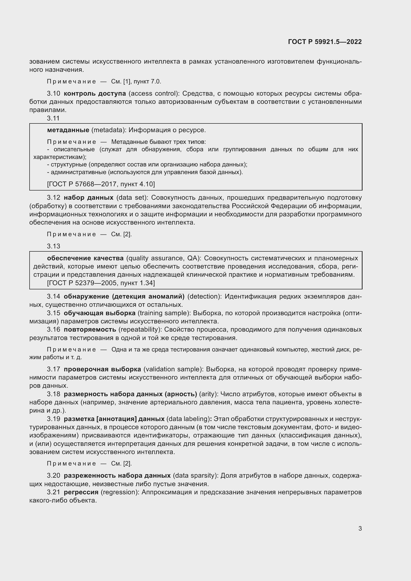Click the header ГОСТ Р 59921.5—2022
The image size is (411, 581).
(x=325, y=42)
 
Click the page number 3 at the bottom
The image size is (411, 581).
(x=360, y=528)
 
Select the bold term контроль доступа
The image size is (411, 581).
(x=95, y=93)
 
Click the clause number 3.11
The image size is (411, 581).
(x=53, y=118)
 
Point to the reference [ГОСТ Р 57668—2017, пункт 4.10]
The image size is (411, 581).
(x=101, y=184)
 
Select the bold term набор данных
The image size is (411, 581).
(x=88, y=197)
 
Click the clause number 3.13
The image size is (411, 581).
(x=53, y=246)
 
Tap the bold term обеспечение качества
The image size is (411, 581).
(x=85, y=258)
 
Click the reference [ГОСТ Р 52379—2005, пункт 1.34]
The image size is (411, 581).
(x=101, y=283)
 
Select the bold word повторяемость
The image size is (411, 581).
(x=90, y=329)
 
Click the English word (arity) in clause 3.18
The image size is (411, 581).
(x=208, y=394)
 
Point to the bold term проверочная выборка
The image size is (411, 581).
(x=102, y=369)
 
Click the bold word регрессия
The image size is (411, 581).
(x=81, y=492)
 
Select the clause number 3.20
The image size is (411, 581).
(x=53, y=475)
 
